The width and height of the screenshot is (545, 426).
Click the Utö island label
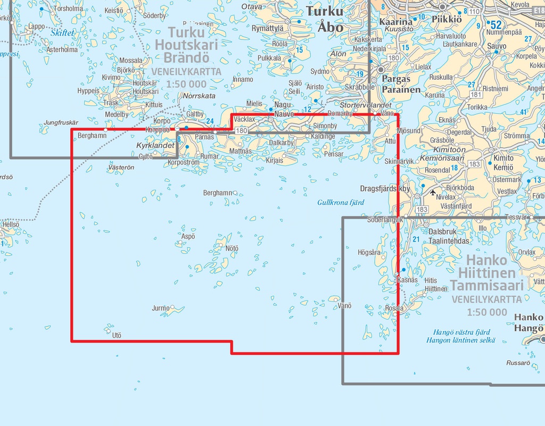point(117,335)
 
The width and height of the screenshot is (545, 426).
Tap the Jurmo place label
point(160,307)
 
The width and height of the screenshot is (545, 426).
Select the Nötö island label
point(232,248)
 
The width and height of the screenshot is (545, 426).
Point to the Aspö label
point(188,236)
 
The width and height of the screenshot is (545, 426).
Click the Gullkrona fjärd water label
point(341,202)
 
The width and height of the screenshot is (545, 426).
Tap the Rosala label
point(394,308)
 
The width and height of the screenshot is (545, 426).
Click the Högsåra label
point(369,252)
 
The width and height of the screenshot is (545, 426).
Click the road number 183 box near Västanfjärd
point(422,210)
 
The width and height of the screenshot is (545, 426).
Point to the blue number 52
point(496,25)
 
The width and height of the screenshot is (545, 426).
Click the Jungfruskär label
point(61,122)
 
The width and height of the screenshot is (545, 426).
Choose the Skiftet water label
point(63,32)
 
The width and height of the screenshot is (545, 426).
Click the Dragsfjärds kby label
point(385,188)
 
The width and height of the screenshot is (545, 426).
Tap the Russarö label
point(518,363)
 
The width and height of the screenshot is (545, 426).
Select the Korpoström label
point(183,162)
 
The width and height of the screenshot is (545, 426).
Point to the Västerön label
point(121,167)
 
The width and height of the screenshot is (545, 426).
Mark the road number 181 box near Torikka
point(476,95)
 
